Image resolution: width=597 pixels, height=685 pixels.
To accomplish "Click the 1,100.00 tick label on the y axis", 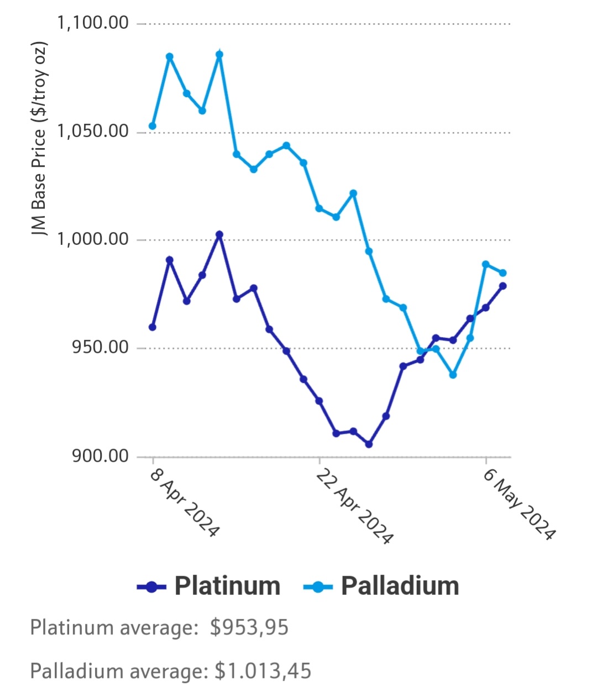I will click(x=93, y=23).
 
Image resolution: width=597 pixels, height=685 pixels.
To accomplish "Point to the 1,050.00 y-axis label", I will click(x=93, y=132).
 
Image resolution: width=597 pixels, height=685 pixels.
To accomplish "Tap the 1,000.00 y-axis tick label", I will click(x=93, y=239).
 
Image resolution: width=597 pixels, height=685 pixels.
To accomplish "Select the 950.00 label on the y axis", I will click(x=100, y=348).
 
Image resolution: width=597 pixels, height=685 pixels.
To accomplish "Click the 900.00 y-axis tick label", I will click(x=100, y=456).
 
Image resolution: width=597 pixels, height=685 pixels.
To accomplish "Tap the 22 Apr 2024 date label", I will click(x=354, y=506).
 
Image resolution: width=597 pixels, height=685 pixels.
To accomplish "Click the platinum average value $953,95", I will click(x=249, y=628).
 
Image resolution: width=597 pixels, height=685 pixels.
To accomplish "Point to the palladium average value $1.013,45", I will click(x=263, y=671).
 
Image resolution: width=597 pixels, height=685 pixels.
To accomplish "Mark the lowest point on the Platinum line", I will click(x=369, y=444).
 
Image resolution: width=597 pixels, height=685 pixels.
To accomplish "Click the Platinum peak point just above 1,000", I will click(x=219, y=234).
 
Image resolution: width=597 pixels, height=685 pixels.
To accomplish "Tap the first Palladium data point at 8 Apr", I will click(x=153, y=126).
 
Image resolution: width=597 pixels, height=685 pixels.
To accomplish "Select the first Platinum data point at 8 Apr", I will click(x=153, y=327).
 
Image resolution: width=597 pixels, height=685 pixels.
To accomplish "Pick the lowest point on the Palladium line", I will click(x=453, y=375).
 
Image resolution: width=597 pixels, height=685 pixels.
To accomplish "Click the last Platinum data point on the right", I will click(x=503, y=286).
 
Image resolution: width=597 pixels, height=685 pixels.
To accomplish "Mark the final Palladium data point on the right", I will click(x=503, y=273).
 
